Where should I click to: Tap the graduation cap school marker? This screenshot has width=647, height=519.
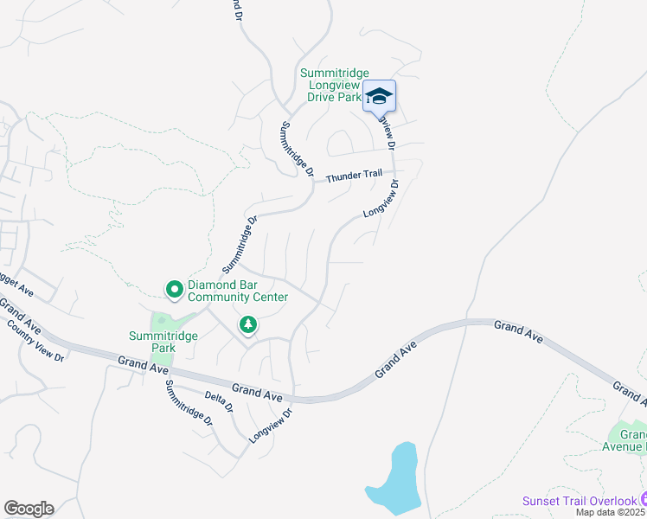[x=378, y=95]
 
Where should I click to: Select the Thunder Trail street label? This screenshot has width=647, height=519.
[x=354, y=176]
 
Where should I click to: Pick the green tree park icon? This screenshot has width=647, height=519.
[x=249, y=324]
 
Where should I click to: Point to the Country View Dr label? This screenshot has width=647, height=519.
[x=36, y=339]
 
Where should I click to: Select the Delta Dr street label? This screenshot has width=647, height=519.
[x=220, y=407]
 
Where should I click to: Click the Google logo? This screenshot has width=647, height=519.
[x=29, y=509]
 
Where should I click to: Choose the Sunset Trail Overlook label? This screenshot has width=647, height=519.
[x=578, y=501]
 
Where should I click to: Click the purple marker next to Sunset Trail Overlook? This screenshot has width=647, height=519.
[x=643, y=500]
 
